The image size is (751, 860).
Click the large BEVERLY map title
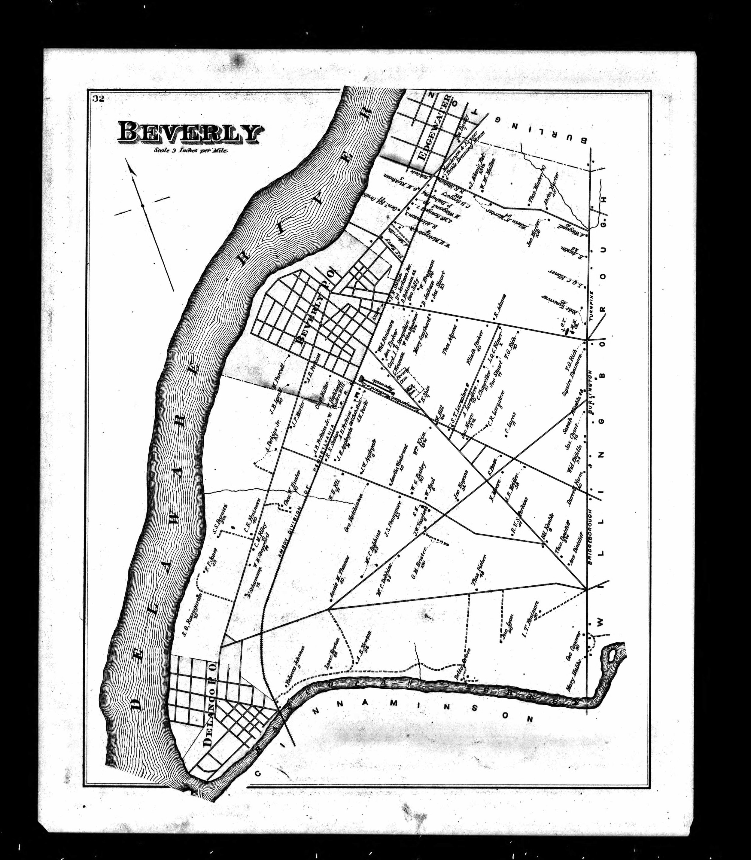click(x=191, y=133)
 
